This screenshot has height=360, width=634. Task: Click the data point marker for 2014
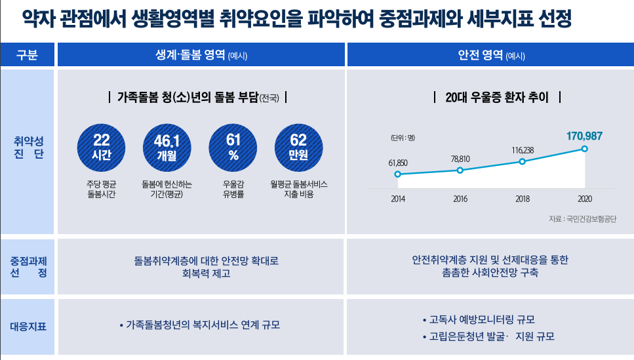(x=397, y=174)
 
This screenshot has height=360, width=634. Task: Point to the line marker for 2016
(x=460, y=170)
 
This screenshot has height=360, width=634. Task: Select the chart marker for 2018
(x=522, y=161)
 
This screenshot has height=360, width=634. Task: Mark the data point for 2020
(x=584, y=149)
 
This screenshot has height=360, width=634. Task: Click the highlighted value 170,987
(x=584, y=136)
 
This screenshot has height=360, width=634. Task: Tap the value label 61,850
(x=398, y=162)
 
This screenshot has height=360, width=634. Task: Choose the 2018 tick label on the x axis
(x=523, y=199)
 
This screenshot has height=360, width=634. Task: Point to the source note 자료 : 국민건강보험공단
(x=582, y=219)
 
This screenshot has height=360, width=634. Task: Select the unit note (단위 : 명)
(x=403, y=138)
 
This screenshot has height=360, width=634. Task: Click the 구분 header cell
(x=27, y=55)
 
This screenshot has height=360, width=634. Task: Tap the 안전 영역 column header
(x=491, y=56)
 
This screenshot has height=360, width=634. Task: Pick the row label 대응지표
(x=27, y=325)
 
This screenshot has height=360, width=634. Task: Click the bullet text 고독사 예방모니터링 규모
(x=482, y=320)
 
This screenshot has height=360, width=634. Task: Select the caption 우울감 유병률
(x=233, y=190)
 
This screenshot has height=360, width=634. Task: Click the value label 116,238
(x=523, y=150)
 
